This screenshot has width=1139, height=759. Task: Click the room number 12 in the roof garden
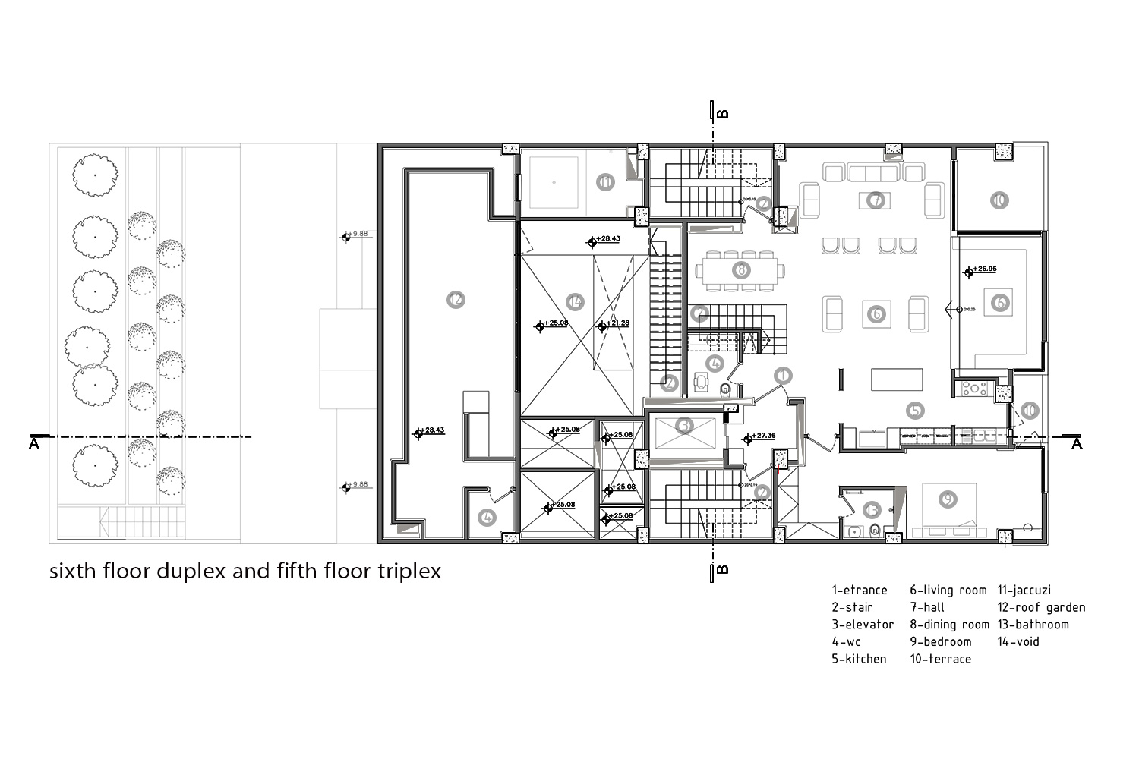coord(456,300)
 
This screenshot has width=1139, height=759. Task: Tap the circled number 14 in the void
coord(576,302)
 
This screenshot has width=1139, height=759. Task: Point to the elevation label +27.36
coord(762,436)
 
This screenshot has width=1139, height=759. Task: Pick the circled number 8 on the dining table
coord(741,269)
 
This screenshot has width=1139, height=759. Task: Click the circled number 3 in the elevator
coord(685,427)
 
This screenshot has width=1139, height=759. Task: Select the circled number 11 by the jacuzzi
coord(605,182)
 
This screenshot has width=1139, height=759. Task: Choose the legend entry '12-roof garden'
coord(1041,607)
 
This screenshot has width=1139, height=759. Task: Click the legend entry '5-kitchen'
coord(859,659)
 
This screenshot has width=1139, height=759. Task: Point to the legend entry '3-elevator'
coord(863,625)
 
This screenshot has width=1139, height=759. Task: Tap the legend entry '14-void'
coord(1018,641)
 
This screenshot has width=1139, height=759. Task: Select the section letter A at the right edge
coord(1076,445)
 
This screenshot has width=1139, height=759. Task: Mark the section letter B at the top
coord(723,114)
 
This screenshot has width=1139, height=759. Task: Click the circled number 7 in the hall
coord(876,200)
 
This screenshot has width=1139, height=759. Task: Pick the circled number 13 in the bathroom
coord(872,510)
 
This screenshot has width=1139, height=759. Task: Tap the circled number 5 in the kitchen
coord(916,411)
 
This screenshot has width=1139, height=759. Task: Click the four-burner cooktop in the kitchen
coord(973,389)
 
